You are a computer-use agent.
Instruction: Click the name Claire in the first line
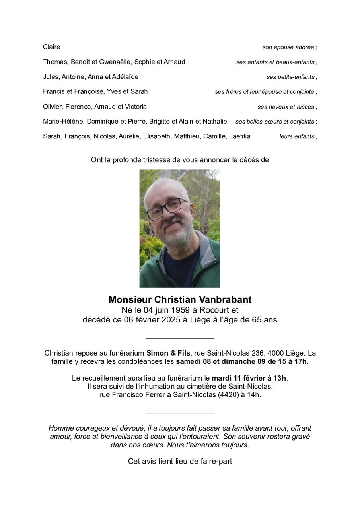(51, 47)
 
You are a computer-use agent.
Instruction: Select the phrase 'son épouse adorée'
(288, 47)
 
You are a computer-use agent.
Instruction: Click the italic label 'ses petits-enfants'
(291, 77)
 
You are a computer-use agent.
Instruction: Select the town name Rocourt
(214, 310)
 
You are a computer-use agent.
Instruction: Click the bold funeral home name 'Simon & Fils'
(168, 353)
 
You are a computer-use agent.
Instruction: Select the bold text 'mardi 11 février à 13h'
(249, 378)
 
